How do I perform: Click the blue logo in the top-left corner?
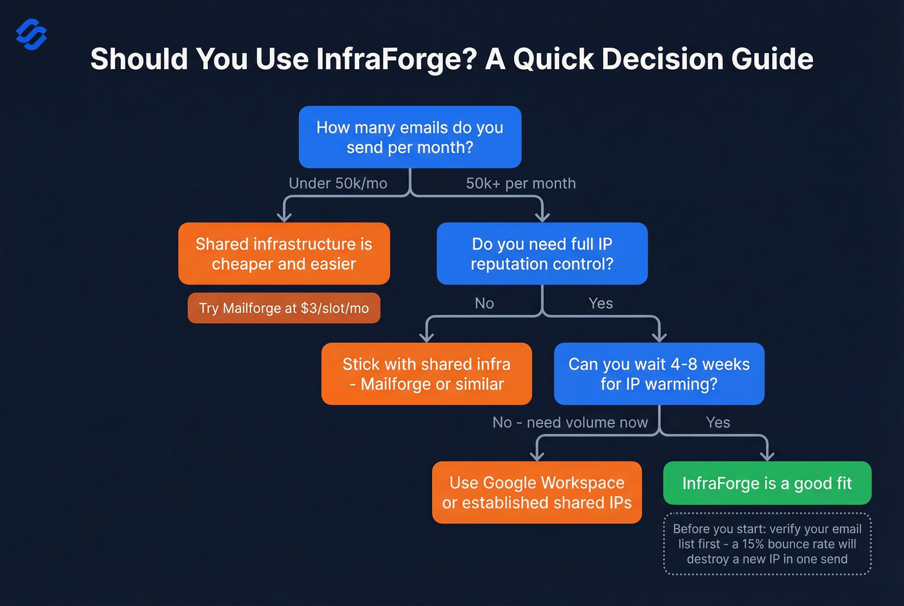tap(31, 34)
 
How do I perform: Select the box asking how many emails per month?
tap(410, 137)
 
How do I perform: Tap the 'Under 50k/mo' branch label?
tap(338, 183)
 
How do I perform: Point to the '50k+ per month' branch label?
tap(520, 183)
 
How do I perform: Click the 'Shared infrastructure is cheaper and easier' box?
tap(284, 254)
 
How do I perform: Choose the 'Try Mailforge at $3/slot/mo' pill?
tap(284, 308)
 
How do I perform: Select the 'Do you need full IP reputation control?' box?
tap(542, 254)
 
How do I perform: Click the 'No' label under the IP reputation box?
tap(484, 303)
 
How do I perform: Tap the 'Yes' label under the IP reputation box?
tap(601, 303)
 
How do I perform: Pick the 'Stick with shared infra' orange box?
tap(427, 374)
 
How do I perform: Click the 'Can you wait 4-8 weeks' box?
tap(659, 374)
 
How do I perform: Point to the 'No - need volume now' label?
tap(570, 423)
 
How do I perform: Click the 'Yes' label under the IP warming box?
tap(718, 423)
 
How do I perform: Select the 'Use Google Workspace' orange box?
tap(537, 492)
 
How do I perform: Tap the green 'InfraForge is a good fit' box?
tap(767, 483)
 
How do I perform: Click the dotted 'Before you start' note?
tap(767, 544)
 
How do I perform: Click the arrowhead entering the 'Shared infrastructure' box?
tap(284, 217)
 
